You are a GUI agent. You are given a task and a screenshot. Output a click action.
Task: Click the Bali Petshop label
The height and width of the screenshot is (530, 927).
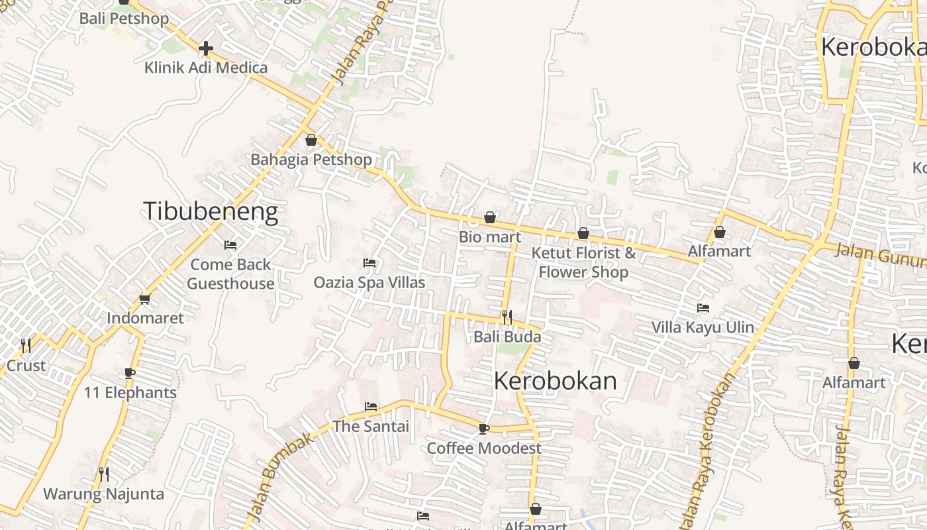tap(124, 19)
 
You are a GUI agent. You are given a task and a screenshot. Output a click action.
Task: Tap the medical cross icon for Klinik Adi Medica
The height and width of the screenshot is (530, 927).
tap(206, 48)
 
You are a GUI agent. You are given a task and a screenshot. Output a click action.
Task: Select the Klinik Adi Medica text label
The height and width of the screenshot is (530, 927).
tap(206, 68)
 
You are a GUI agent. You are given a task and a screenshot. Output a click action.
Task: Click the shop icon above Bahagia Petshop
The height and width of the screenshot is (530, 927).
tap(311, 140)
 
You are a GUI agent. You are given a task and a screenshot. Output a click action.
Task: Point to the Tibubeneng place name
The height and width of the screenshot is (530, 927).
tap(211, 211)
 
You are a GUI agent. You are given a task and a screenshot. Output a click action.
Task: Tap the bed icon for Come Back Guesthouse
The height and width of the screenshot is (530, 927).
tap(230, 245)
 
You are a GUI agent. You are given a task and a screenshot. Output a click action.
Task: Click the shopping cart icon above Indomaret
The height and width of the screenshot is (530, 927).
tap(145, 299)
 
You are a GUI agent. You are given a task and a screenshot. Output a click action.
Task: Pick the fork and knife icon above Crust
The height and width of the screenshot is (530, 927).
tap(26, 345)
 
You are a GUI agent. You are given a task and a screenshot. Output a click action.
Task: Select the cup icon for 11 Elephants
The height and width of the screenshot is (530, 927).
tap(130, 373)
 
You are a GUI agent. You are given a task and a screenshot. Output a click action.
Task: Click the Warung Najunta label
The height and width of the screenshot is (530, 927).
tap(103, 494)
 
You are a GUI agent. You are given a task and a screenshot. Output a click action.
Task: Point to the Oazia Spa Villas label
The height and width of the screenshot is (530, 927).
tap(369, 283)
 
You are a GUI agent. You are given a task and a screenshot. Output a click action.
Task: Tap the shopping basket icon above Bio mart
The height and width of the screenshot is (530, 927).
tap(490, 217)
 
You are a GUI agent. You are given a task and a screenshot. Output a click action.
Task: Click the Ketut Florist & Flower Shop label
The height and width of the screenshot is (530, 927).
tap(583, 262)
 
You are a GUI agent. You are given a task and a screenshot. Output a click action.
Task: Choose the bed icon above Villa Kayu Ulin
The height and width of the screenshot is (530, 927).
tap(703, 307)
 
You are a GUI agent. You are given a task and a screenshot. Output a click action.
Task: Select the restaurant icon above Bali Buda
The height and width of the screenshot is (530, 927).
tap(507, 317)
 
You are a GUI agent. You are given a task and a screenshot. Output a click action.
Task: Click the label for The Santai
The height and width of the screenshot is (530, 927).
tap(371, 427)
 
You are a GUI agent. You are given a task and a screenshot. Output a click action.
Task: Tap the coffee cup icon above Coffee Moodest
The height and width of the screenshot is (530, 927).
tap(484, 429)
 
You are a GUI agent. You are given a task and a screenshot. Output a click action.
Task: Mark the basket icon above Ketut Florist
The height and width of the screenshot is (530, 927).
tap(583, 233)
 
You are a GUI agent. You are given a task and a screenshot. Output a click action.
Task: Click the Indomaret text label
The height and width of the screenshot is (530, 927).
tap(145, 318)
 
